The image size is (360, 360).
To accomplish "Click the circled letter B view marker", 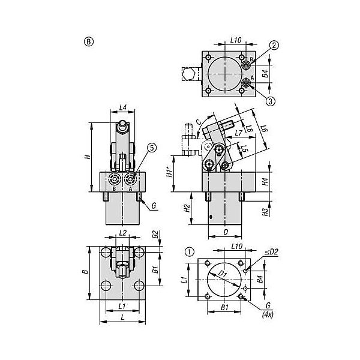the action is tap(89, 42).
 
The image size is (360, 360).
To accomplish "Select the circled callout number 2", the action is tap(274, 45).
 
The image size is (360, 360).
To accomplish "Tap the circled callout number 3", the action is tap(271, 101).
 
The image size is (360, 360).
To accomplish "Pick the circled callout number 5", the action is tap(152, 148).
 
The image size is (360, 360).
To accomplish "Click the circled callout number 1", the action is tap(190, 252).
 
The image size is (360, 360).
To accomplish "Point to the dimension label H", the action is tap(88, 157).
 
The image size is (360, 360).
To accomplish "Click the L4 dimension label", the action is tap(123, 107).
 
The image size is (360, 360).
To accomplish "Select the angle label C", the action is tap(199, 122).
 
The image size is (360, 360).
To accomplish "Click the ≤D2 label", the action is tap(271, 252).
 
